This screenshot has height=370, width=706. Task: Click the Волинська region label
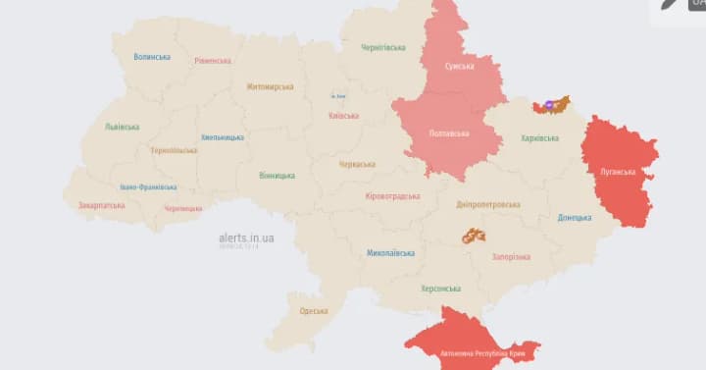click(152, 57)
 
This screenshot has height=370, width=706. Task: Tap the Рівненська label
click(213, 61)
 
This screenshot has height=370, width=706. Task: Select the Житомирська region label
click(270, 86)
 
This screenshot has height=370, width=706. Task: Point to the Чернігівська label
click(383, 47)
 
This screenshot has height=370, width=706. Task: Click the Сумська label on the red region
click(459, 66)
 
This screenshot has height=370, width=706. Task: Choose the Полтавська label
click(449, 133)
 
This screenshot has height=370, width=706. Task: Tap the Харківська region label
click(540, 137)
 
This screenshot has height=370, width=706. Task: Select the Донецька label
click(575, 217)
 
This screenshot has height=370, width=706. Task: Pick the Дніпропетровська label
click(488, 205)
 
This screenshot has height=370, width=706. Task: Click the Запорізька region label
click(510, 256)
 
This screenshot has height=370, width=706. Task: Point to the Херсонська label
click(440, 289)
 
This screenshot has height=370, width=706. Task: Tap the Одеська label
click(315, 311)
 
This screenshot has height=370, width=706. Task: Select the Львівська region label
click(122, 127)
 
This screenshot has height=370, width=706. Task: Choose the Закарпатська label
click(100, 205)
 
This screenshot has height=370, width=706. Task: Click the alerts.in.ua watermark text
click(246, 238)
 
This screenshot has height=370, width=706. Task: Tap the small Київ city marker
click(338, 95)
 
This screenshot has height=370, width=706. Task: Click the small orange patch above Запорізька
click(474, 236)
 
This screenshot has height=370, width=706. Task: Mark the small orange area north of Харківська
click(551, 104)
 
